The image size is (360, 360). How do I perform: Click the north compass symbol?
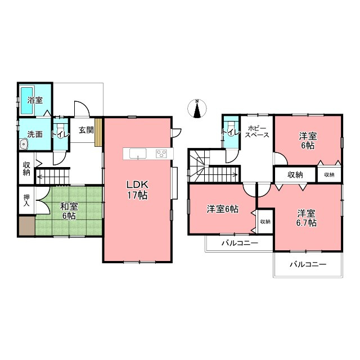tap(197, 109)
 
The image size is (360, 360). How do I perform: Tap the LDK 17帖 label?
tap(137, 190)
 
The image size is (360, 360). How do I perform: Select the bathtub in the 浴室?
tap(27, 100)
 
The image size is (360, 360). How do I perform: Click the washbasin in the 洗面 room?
tap(24, 145)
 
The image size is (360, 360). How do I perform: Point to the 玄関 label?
tap(86, 130)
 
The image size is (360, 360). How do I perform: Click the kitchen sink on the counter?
tap(138, 154)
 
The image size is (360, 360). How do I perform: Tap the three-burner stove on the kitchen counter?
tap(161, 154)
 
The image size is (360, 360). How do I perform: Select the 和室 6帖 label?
tap(69, 211)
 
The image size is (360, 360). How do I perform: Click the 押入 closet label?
tap(26, 200)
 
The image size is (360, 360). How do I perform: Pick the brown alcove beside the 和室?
tap(27, 226)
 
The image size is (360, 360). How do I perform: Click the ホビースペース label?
tap(257, 132)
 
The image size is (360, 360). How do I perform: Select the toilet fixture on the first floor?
tap(61, 129)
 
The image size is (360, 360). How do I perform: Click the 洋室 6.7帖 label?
tap(306, 218)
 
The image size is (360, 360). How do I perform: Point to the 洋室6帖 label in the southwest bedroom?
tap(223, 209)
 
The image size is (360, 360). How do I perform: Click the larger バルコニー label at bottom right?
tap(308, 264)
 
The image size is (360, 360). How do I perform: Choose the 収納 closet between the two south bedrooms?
tap(265, 221)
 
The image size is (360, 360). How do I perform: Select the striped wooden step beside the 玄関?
tap(98, 132)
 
